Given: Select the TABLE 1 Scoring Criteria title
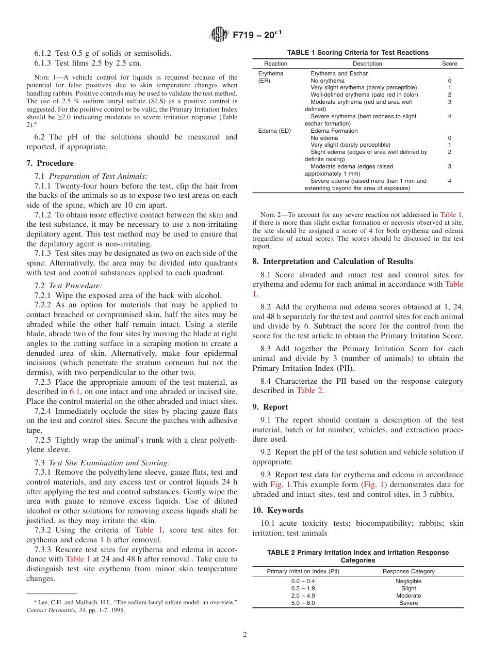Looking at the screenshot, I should (x=357, y=53).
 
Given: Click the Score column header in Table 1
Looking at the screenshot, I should (x=449, y=64).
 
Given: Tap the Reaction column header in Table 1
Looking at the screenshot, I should (x=275, y=64).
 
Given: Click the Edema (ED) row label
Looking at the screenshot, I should (x=274, y=131).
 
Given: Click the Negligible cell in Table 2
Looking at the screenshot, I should (x=409, y=582).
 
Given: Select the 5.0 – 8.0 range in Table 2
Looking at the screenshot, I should (x=303, y=603).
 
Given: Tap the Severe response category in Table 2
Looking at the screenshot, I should (x=409, y=603).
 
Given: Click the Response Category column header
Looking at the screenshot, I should (x=409, y=572).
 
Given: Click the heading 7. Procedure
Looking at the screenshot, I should (x=51, y=163).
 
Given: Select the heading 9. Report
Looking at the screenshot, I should (x=270, y=407).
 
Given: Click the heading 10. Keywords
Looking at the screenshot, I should (x=278, y=510).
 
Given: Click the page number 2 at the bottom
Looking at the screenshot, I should (x=245, y=635).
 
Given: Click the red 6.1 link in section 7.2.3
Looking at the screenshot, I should (x=75, y=392).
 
